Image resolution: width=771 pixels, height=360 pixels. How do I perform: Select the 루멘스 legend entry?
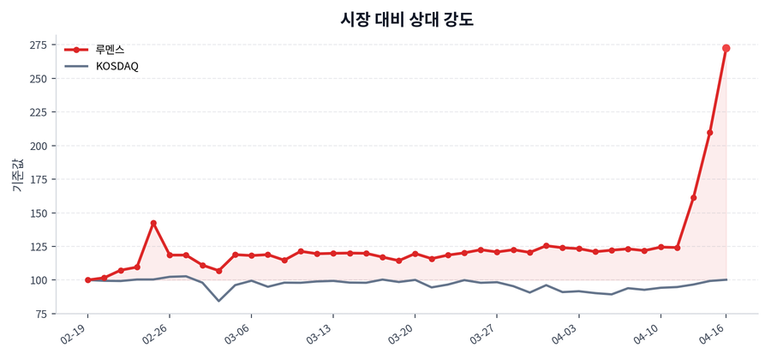(110, 50)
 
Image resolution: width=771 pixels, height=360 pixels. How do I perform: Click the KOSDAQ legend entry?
(117, 66)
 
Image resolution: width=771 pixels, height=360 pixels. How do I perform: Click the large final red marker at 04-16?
(726, 48)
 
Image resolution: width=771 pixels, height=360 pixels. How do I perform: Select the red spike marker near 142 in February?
(153, 223)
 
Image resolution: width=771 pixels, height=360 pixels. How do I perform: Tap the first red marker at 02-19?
(87, 279)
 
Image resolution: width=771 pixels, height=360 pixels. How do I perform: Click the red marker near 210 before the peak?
(710, 132)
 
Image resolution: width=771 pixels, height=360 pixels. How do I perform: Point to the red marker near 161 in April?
(694, 198)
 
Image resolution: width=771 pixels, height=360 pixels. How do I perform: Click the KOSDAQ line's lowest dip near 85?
(218, 301)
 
